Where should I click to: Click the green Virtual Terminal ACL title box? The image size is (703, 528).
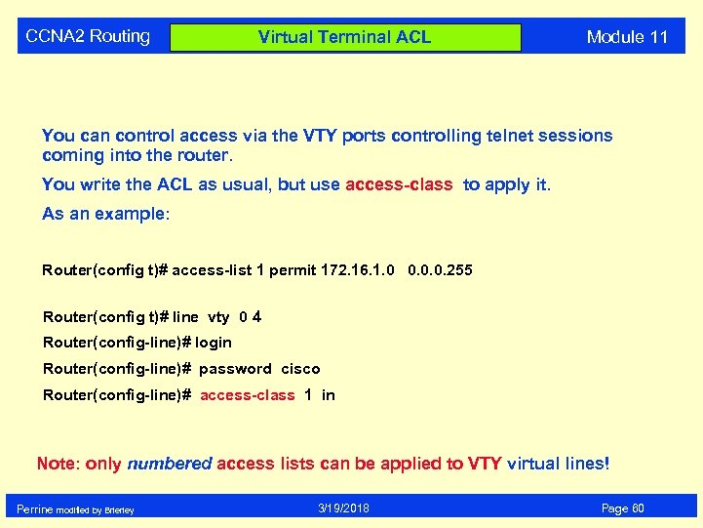point(345,37)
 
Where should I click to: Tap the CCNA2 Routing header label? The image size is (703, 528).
point(88,36)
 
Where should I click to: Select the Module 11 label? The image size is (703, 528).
point(627,37)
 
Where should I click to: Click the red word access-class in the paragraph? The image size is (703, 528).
point(399,184)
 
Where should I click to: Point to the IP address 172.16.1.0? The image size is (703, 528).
point(358,269)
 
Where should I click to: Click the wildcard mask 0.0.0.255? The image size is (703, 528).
point(440,269)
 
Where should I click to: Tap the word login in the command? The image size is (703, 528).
point(214,343)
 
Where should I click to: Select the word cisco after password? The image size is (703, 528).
point(300,369)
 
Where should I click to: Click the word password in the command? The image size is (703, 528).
point(235,369)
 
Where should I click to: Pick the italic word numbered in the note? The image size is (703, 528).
point(170,464)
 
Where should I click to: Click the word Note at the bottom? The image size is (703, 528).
point(57,464)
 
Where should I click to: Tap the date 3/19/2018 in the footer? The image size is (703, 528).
point(344,508)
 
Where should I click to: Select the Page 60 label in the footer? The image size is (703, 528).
point(623,508)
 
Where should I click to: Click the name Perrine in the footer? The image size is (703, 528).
point(35,509)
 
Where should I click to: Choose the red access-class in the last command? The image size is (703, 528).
point(247,395)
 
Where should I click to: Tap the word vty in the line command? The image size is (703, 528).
point(218,316)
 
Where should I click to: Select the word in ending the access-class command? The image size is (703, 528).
point(328,395)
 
